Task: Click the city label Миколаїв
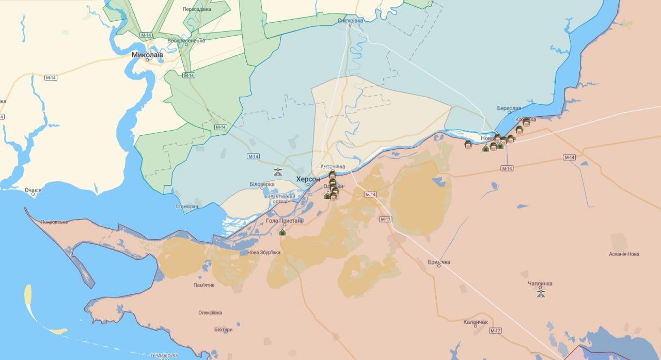[147, 54]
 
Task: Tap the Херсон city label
[308, 179]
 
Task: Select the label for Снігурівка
[350, 20]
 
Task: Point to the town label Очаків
[33, 190]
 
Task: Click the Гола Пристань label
[285, 221]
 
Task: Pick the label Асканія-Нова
[624, 254]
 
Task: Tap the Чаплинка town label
[540, 284]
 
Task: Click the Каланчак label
[476, 322]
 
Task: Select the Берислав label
[509, 108]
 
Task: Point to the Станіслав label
[186, 207]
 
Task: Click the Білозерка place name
[262, 184]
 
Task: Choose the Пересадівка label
[197, 9]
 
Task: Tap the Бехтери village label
[223, 330]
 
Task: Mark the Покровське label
[54, 222]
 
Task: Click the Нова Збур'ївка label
[264, 253]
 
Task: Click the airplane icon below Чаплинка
[541, 293]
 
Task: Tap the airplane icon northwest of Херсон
[278, 171]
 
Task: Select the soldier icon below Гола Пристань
[282, 232]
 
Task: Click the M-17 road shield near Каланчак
[495, 331]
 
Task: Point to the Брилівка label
[439, 262]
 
